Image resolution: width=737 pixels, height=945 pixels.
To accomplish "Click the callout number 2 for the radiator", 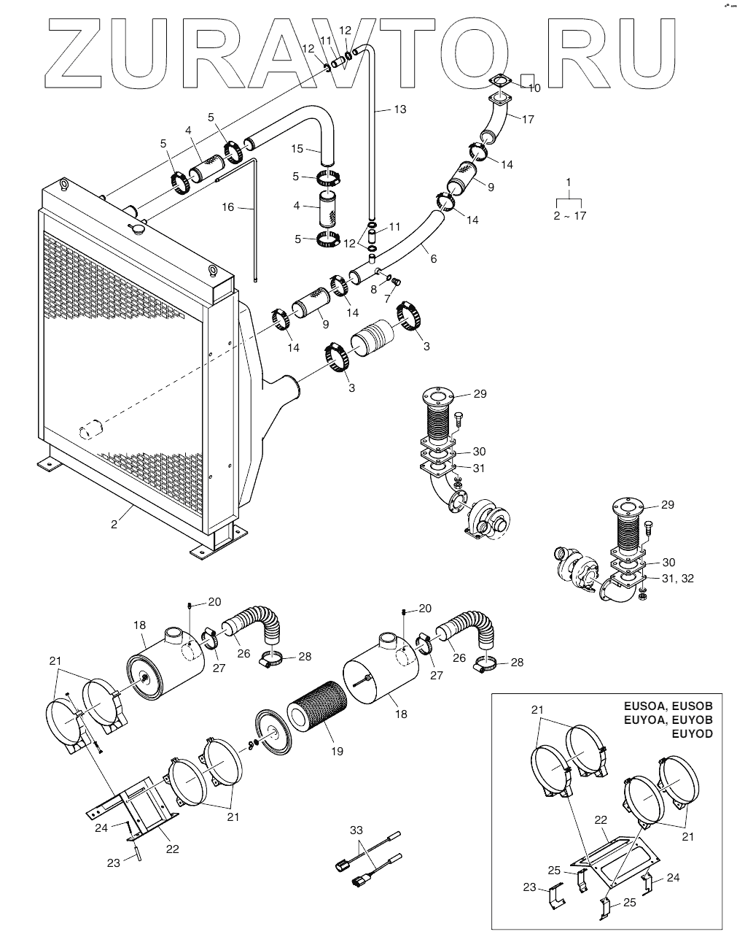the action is pyautogui.click(x=114, y=525).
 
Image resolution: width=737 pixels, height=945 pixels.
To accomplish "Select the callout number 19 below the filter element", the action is pyautogui.click(x=337, y=751).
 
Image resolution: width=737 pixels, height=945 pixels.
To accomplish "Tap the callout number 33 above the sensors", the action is pyautogui.click(x=356, y=830).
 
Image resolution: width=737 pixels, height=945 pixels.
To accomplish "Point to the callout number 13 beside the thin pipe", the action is pyautogui.click(x=399, y=109).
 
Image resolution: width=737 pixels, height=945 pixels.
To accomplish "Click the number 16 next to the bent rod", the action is pyautogui.click(x=228, y=207).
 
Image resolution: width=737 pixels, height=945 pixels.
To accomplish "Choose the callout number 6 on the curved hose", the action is pyautogui.click(x=434, y=259).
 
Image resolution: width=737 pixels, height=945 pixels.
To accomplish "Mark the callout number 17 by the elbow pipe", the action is pyautogui.click(x=387, y=300).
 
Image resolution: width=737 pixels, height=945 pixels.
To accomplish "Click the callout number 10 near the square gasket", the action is pyautogui.click(x=373, y=289).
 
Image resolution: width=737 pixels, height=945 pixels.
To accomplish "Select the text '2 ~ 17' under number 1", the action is pyautogui.click(x=570, y=216).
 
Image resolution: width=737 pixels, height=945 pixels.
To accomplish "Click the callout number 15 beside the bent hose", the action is pyautogui.click(x=297, y=149).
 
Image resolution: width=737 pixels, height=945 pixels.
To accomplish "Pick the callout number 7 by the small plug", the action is pyautogui.click(x=387, y=300).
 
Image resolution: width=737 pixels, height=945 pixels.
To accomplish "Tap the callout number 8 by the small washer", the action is pyautogui.click(x=373, y=289).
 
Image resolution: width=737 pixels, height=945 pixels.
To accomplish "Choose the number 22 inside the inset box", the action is pyautogui.click(x=601, y=819).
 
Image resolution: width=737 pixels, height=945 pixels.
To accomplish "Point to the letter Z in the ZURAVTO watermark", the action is pyautogui.click(x=73, y=53).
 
